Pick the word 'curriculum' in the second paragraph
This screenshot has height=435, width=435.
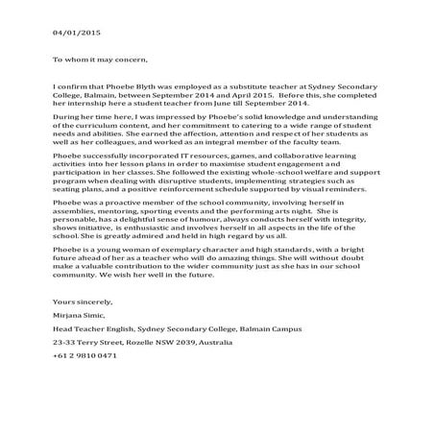[94, 132]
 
